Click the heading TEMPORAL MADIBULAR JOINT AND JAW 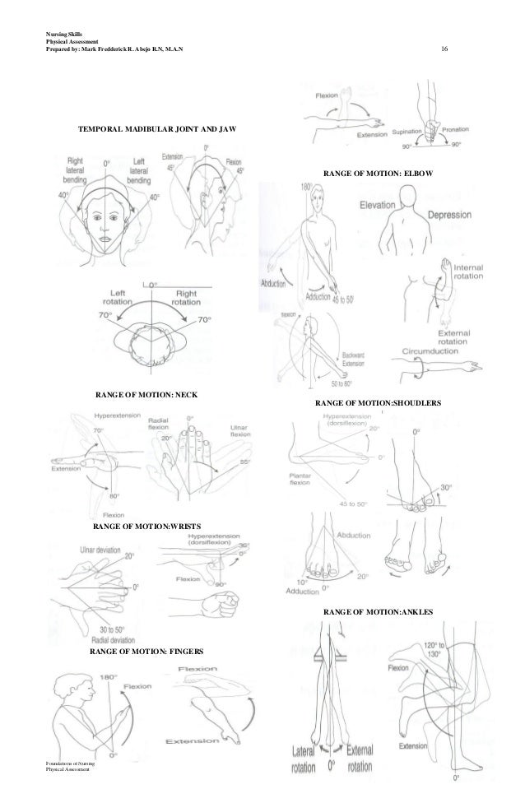pyautogui.click(x=156, y=130)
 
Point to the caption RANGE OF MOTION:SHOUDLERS pyautogui.click(x=379, y=404)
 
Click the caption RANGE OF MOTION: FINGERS pyautogui.click(x=146, y=651)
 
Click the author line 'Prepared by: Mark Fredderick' pyautogui.click(x=114, y=52)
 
